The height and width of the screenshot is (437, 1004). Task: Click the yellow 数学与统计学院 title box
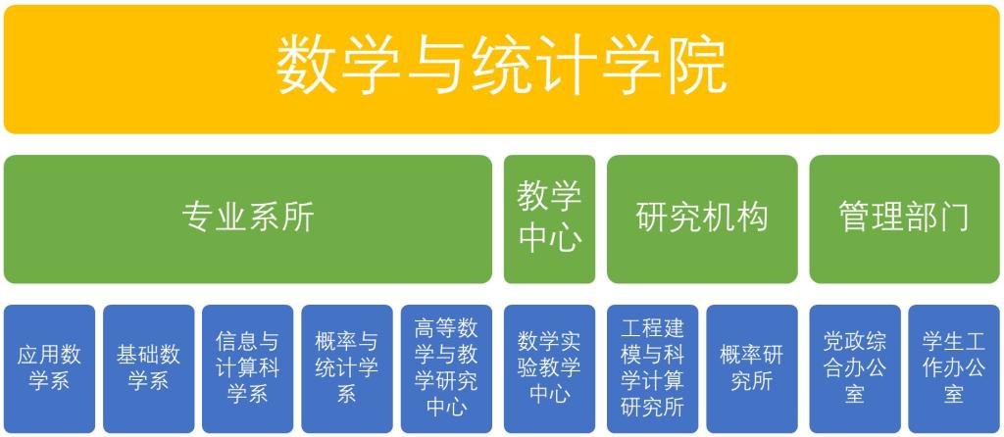pyautogui.click(x=501, y=70)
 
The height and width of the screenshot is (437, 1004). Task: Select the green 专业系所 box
pyautogui.click(x=248, y=218)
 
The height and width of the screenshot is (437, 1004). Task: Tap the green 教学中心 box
pyautogui.click(x=549, y=218)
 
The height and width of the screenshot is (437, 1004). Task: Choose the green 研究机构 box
pyautogui.click(x=702, y=218)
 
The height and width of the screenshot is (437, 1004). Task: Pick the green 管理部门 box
pyautogui.click(x=904, y=218)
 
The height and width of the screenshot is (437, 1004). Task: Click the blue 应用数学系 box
pyautogui.click(x=49, y=368)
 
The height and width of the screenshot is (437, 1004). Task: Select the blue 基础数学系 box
pyautogui.click(x=149, y=368)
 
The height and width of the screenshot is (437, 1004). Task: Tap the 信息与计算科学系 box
pyautogui.click(x=248, y=368)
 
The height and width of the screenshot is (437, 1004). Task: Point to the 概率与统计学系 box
pyautogui.click(x=347, y=368)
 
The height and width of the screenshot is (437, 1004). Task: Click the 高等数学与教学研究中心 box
pyautogui.click(x=446, y=368)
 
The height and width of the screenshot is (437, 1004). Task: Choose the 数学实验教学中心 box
pyautogui.click(x=549, y=368)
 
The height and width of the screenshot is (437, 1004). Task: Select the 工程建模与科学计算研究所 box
pyautogui.click(x=652, y=368)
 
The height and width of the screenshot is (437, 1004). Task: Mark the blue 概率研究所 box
pyautogui.click(x=752, y=368)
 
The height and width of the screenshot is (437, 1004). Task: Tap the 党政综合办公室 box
pyautogui.click(x=855, y=368)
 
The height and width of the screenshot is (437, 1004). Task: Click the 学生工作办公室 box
pyautogui.click(x=954, y=368)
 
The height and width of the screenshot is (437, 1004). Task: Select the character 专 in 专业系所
pyautogui.click(x=198, y=218)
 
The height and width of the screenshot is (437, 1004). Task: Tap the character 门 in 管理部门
pyautogui.click(x=953, y=218)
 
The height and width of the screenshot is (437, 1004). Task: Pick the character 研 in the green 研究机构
pyautogui.click(x=652, y=218)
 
